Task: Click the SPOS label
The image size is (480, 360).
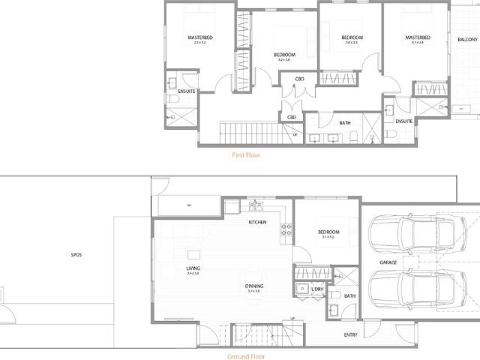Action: (x=76, y=255)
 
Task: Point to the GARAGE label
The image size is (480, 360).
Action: (x=388, y=262)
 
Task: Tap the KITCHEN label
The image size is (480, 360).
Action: (x=258, y=223)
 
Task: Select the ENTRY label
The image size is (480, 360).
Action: (x=350, y=334)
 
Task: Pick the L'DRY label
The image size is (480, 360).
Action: (x=316, y=288)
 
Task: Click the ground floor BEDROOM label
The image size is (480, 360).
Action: (x=328, y=232)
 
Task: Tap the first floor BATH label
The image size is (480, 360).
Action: (x=345, y=123)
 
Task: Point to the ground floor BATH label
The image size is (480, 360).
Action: (x=350, y=295)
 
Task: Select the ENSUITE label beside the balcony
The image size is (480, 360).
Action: (x=404, y=121)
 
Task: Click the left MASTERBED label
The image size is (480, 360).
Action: (x=199, y=37)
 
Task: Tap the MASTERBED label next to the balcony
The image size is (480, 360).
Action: (x=417, y=37)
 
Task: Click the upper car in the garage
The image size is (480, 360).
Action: (x=409, y=235)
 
